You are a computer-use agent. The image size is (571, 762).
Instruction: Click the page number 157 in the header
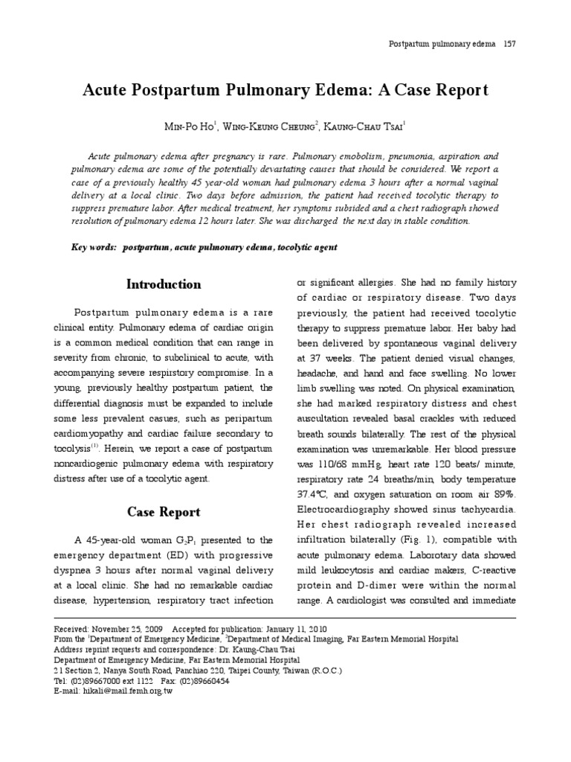tap(509, 44)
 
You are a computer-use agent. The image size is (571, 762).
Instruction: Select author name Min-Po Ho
tap(190, 127)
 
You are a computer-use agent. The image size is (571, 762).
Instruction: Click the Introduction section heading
tap(164, 284)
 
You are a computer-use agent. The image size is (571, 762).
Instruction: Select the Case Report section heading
tap(164, 512)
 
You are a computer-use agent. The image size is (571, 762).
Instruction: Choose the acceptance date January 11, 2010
tap(277, 628)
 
